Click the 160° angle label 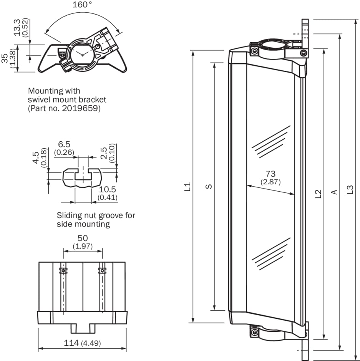pyautogui.click(x=82, y=5)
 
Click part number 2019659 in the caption pyautogui.click(x=81, y=109)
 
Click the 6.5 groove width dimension pyautogui.click(x=64, y=144)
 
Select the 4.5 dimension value pyautogui.click(x=36, y=158)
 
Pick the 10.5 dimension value pyautogui.click(x=108, y=190)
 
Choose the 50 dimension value pyautogui.click(x=83, y=238)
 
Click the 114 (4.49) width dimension pyautogui.click(x=83, y=343)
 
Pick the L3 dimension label pyautogui.click(x=350, y=190)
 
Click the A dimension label pyautogui.click(x=334, y=192)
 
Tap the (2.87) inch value pyautogui.click(x=270, y=182)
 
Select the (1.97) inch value pyautogui.click(x=83, y=246)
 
